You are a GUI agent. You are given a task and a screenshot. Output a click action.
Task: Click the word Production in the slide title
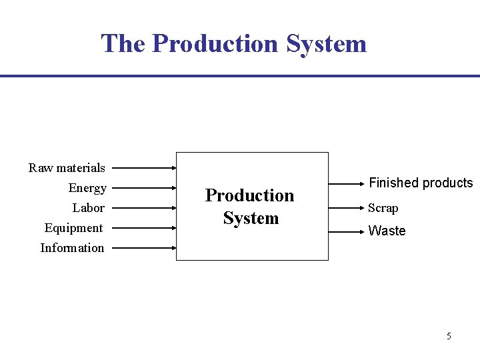(x=215, y=44)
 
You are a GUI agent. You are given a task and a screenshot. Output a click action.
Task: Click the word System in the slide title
(x=327, y=44)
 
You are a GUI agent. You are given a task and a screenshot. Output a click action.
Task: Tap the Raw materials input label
(x=67, y=167)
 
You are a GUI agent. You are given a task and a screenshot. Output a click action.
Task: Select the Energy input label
(x=87, y=188)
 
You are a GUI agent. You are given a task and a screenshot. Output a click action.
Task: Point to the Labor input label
(x=89, y=208)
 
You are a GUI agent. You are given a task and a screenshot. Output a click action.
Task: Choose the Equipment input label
(x=73, y=228)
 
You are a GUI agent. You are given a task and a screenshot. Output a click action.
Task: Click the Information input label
(x=72, y=248)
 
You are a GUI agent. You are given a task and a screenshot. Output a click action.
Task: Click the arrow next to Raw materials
(x=143, y=169)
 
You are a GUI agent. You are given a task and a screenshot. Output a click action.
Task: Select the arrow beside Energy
(x=143, y=189)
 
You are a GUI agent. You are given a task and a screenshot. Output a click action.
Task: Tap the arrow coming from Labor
(x=143, y=209)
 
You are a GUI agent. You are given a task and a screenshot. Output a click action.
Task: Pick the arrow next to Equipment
(x=143, y=229)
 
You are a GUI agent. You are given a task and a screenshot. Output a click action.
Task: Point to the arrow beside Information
(x=143, y=249)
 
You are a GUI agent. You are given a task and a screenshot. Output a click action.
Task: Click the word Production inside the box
(x=249, y=195)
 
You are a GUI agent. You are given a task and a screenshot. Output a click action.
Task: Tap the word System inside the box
(x=251, y=218)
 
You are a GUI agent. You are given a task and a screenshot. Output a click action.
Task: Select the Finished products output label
(x=421, y=183)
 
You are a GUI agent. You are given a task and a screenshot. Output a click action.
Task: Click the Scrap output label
(x=383, y=208)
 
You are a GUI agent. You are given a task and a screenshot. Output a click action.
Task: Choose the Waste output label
(x=387, y=231)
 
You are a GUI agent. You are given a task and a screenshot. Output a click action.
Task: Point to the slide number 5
(x=449, y=336)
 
